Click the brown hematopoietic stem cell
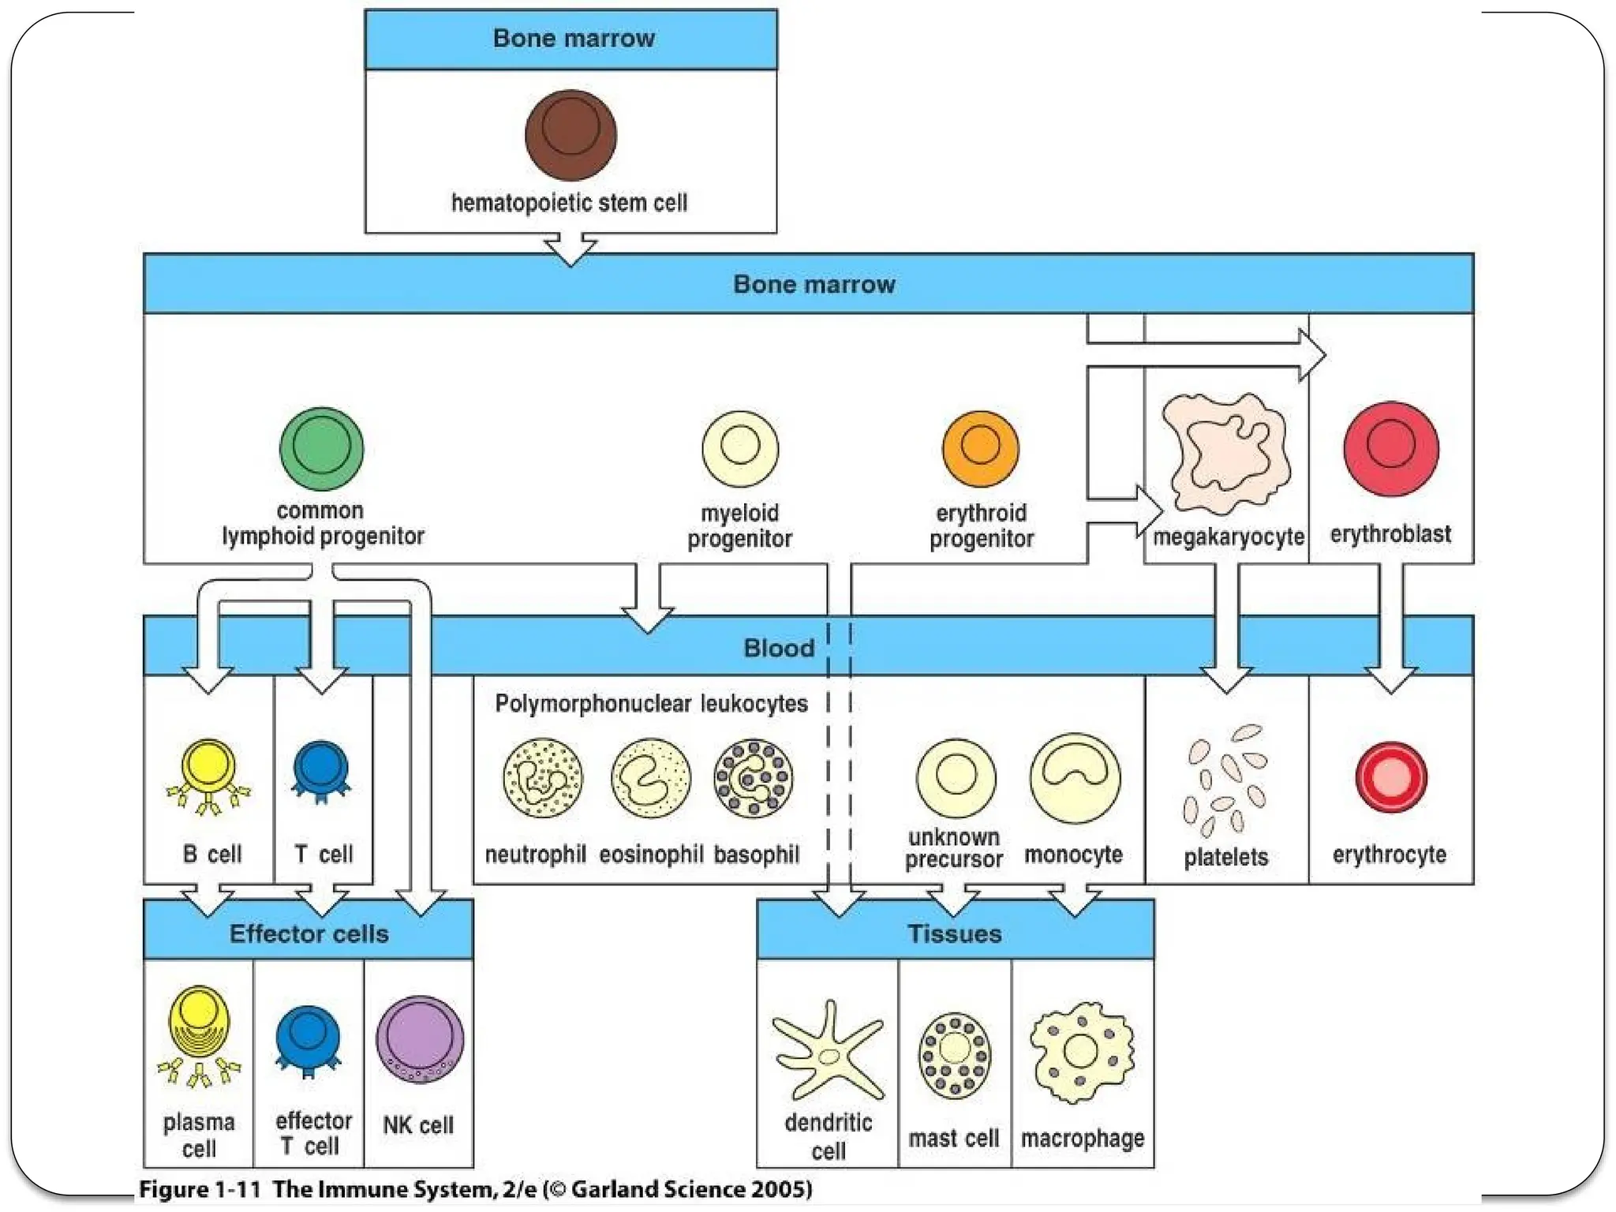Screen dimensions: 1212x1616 [570, 134]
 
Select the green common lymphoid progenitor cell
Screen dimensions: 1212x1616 [321, 449]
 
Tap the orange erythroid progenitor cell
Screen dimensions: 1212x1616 [980, 448]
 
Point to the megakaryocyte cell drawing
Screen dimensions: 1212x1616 [1227, 454]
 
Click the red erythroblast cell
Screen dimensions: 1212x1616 [1390, 448]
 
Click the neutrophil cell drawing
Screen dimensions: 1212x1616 [543, 778]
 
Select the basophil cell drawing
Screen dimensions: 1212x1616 [754, 778]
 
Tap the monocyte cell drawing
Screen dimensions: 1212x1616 [1075, 778]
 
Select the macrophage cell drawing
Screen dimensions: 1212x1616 [1082, 1051]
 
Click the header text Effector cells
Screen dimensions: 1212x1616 [309, 933]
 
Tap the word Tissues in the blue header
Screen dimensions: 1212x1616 [954, 933]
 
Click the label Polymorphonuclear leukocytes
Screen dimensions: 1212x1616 [651, 703]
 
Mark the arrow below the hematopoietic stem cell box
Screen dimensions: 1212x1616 [570, 249]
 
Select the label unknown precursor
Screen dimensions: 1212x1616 [953, 847]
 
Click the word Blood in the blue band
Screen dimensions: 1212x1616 [778, 648]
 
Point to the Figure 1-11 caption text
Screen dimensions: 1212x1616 [475, 1189]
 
